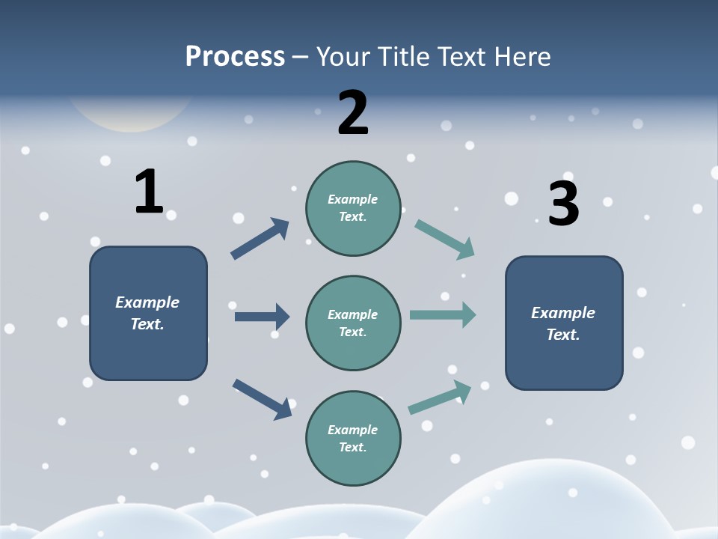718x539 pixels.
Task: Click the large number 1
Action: tap(149, 192)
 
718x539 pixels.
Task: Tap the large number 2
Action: tap(352, 112)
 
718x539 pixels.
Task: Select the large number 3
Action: tap(563, 204)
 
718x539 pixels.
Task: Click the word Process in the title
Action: tap(235, 56)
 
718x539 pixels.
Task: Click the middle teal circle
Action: tap(353, 323)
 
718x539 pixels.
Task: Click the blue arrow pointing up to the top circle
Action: tap(260, 239)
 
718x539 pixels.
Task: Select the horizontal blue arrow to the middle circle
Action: tap(262, 317)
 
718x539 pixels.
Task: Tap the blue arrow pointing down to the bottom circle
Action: tap(262, 398)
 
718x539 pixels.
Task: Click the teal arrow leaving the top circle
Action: tap(444, 239)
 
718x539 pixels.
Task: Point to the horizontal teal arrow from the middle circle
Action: tap(443, 315)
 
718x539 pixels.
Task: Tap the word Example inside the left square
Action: tap(147, 302)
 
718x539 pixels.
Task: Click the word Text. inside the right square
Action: tap(563, 335)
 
